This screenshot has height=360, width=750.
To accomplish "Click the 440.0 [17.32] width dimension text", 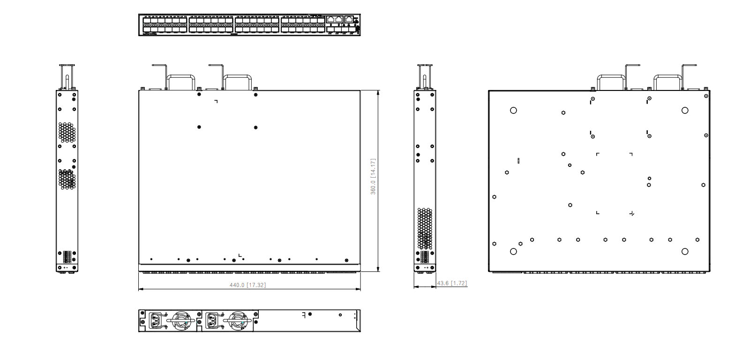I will click(247, 285).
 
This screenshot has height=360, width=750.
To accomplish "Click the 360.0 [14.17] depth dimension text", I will click(374, 177).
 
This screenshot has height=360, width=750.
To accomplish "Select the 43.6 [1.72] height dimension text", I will click(452, 283).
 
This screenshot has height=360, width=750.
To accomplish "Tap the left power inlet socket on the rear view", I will click(157, 322).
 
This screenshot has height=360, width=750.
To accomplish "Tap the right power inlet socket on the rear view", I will click(213, 322).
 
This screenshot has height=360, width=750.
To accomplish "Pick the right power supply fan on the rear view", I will click(238, 322).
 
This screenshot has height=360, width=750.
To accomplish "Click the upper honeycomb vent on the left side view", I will click(67, 132).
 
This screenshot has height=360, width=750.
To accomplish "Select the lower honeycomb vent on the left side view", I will click(67, 179).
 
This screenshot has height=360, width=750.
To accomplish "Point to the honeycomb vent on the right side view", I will click(425, 228).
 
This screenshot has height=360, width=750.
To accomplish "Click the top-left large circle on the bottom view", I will click(513, 110).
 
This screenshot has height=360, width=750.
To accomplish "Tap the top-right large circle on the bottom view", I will click(685, 110).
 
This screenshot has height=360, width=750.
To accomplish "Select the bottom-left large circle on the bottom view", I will click(513, 252).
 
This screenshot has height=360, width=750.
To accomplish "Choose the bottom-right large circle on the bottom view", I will click(685, 252).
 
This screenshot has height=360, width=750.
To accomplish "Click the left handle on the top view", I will click(181, 80).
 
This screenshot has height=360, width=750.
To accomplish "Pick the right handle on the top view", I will click(238, 80).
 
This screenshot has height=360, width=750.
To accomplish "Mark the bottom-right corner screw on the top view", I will click(346, 260).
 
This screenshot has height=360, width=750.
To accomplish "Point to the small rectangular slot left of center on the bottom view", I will click(518, 161).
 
